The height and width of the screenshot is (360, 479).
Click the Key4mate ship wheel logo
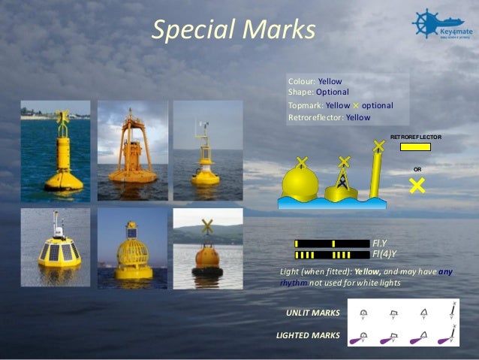tap(426, 22)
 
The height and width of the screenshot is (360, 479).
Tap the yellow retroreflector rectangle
tap(415, 147)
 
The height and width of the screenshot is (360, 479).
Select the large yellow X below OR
tap(417, 185)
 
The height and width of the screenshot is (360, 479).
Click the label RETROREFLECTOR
tap(416, 138)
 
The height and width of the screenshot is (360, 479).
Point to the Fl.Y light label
tap(380, 244)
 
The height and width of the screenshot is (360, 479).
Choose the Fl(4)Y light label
tap(384, 254)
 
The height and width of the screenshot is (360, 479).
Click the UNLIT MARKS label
tap(312, 312)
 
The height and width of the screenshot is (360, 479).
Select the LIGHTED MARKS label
tap(309, 334)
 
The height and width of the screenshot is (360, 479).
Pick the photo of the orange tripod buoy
tap(131, 150)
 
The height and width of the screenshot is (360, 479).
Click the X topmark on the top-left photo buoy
tap(63, 117)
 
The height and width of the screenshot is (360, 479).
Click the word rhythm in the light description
tap(290, 283)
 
